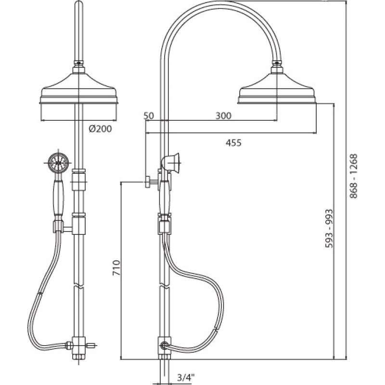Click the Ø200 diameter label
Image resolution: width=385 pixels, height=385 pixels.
(100, 128)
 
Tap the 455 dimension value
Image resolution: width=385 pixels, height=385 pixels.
(233, 142)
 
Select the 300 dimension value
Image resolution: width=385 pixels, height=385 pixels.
(223, 115)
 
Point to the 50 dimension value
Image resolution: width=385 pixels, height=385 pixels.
(149, 115)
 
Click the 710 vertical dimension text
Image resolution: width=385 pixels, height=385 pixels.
(116, 268)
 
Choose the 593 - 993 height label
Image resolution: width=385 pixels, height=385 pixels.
(329, 228)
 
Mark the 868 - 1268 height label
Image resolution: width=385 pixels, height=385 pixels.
(354, 176)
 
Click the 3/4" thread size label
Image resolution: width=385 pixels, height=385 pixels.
(186, 377)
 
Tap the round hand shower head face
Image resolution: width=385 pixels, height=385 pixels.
(58, 163)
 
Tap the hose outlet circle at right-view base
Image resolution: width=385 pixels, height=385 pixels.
(164, 346)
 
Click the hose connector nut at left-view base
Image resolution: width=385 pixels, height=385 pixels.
(69, 346)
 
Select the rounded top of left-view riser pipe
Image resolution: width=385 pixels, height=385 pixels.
(78, 5)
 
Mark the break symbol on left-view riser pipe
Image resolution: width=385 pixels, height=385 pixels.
(78, 286)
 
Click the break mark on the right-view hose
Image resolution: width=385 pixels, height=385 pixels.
(216, 329)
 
